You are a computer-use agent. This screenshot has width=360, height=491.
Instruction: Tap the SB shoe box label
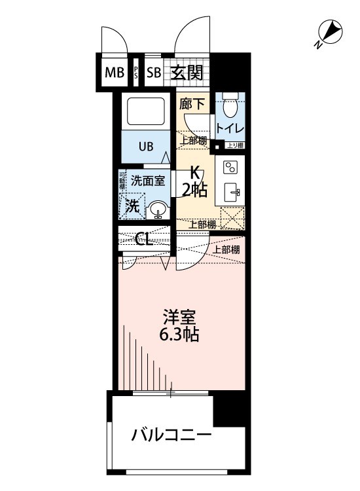pos(154,73)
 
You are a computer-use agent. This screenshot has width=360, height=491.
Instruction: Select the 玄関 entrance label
pos(187,73)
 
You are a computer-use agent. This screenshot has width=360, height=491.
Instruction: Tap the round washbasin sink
pos(158,210)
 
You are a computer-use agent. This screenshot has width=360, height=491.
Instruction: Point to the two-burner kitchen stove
pos(231,168)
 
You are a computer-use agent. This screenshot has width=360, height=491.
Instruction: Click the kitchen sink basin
pos(232,192)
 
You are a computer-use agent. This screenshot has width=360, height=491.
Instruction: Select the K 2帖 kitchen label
pos(194,181)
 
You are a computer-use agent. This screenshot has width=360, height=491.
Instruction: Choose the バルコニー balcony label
pos(171,435)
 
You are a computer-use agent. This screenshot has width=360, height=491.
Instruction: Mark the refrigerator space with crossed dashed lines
pos(232,217)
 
